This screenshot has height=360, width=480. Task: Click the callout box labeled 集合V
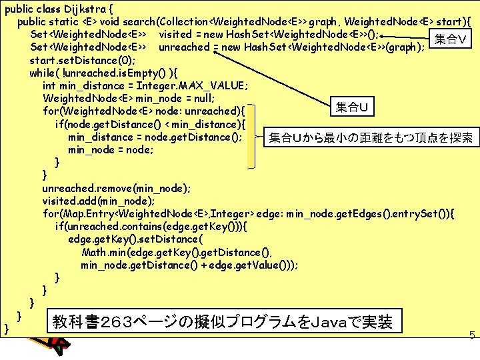450,39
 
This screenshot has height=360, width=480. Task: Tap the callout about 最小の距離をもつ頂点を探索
370,138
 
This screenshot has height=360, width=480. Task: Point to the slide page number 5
471,336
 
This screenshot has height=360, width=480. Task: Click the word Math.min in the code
103,252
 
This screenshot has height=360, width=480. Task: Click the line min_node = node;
111,150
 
